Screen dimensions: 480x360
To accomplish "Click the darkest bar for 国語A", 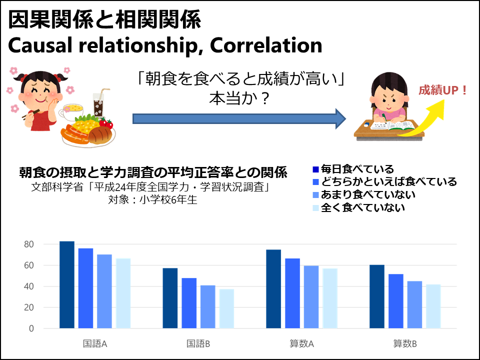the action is click(66, 284).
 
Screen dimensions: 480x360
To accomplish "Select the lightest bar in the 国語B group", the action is click(226, 308).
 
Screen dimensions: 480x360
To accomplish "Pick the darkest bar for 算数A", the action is click(273, 289).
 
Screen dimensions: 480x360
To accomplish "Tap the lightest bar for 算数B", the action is click(433, 306).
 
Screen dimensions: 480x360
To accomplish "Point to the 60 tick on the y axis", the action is click(29, 265).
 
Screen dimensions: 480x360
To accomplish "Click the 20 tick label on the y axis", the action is click(29, 307).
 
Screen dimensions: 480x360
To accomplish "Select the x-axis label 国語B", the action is click(198, 344).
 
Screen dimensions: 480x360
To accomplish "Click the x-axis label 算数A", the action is click(302, 344).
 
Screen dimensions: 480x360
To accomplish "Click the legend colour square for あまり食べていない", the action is click(316, 195).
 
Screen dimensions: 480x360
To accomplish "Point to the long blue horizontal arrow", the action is click(239, 119).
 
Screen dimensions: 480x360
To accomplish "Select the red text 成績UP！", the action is click(443, 90).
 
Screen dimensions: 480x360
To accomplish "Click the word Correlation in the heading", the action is click(266, 45).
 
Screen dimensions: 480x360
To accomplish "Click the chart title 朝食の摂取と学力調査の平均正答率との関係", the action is click(153, 172).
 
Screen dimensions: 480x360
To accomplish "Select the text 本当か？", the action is click(239, 98).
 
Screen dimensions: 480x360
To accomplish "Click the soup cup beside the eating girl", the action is click(71, 111).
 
